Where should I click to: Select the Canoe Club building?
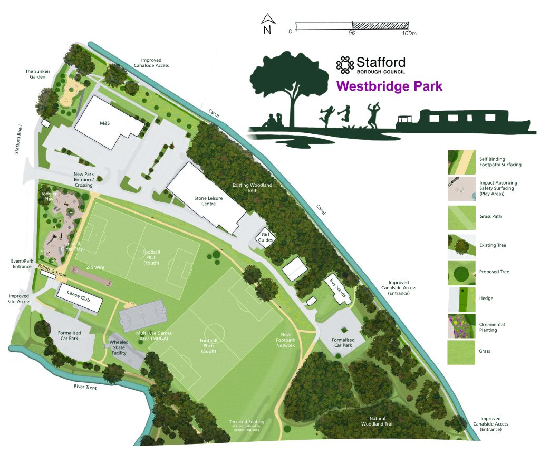click(79, 298)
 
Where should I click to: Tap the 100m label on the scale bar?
click(409, 33)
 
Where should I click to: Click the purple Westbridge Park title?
click(389, 86)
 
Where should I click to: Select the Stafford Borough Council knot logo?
click(345, 65)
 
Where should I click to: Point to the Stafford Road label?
click(18, 139)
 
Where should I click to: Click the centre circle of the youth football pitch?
click(137, 250)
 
